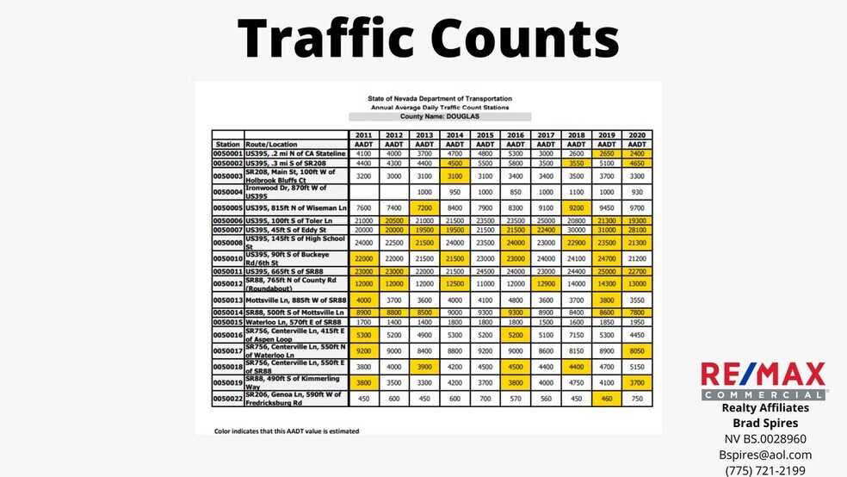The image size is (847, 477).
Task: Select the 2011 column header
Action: [363, 135]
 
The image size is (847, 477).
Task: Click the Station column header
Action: [228, 145]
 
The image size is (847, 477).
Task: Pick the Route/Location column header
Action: [271, 145]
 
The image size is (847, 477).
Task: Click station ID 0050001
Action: [228, 153]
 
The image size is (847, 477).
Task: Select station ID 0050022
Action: [228, 398]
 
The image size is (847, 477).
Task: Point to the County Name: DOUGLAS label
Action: [440, 116]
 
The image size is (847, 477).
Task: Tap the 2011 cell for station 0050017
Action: [363, 351]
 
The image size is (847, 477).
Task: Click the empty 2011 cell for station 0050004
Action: [363, 192]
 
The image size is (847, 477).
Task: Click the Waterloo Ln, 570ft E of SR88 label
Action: [295, 321]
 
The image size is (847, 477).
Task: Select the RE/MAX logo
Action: [764, 380]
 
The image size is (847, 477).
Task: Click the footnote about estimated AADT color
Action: [287, 431]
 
